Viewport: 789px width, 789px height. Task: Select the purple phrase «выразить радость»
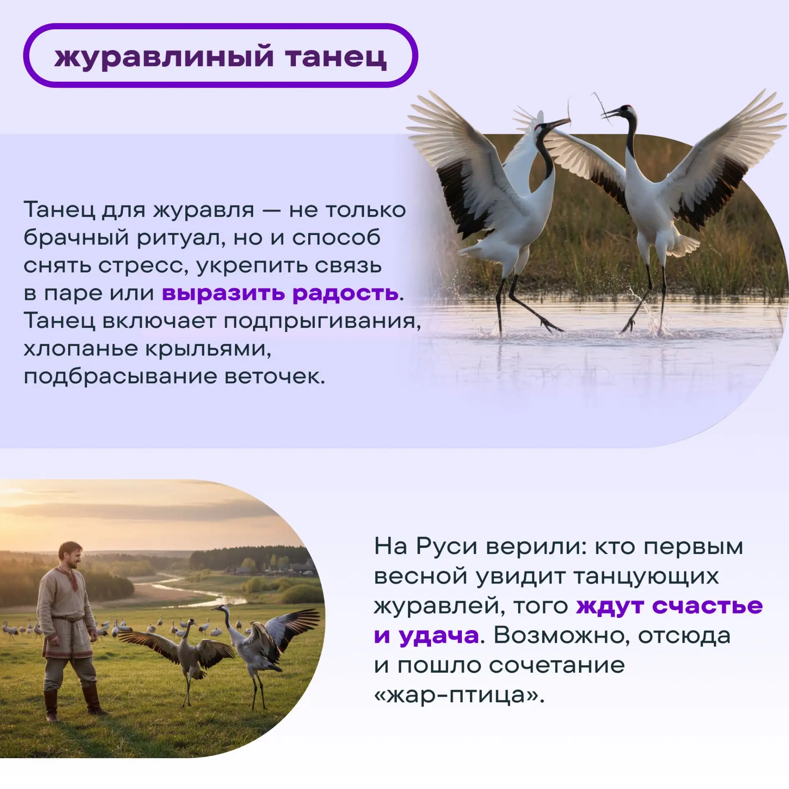tap(280, 293)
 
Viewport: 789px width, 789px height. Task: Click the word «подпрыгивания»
tap(322, 321)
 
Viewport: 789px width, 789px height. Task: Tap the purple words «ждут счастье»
tap(669, 606)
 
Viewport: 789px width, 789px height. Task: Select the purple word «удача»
tap(439, 636)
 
